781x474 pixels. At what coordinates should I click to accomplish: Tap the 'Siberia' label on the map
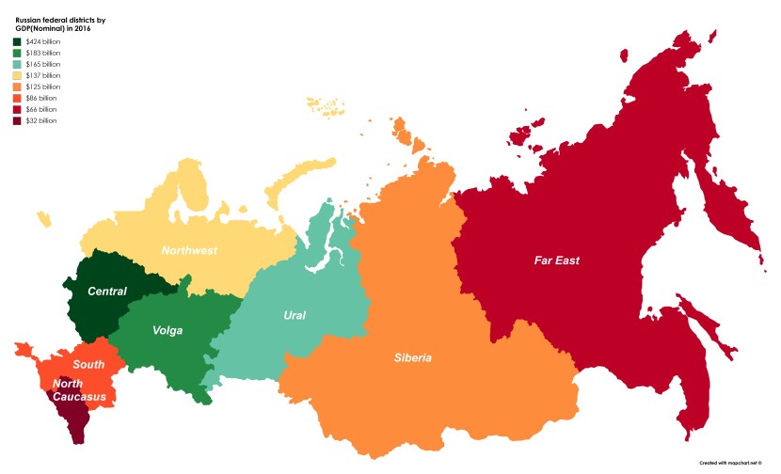413,357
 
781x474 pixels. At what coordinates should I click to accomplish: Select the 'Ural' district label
295,314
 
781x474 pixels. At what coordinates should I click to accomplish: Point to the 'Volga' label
167,330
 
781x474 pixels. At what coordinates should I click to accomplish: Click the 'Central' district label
106,291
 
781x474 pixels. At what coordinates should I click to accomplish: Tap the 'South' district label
88,363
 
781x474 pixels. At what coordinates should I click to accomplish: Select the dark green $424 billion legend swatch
17,41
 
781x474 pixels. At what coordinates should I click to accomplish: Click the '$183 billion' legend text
42,53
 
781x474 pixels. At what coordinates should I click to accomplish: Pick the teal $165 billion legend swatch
17,64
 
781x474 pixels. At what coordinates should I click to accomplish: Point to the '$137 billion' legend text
42,75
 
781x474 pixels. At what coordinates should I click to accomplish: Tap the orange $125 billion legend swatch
17,87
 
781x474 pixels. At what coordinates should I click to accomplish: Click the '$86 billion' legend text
40,98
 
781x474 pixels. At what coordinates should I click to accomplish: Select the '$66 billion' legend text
40,109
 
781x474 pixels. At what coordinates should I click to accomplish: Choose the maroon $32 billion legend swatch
17,120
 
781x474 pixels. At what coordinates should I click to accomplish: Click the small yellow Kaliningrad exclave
43,218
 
